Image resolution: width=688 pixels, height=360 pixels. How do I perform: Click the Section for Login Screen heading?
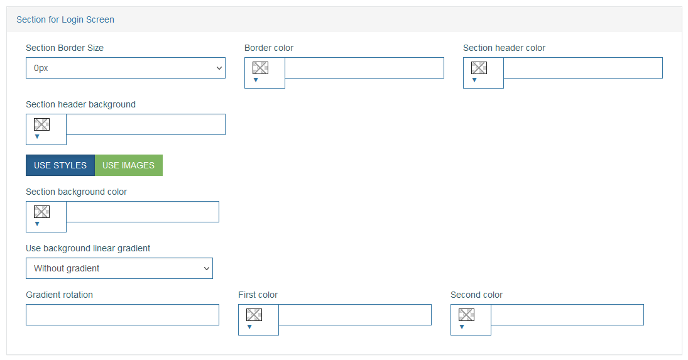pos(65,19)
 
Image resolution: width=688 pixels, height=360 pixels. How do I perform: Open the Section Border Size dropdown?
pos(126,68)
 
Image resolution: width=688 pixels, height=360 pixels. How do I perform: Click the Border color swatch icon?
pos(260,68)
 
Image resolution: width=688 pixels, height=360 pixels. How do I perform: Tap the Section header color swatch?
pos(479,68)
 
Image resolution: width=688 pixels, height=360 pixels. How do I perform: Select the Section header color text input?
pos(582,68)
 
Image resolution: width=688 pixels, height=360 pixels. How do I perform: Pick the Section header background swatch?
pos(41,124)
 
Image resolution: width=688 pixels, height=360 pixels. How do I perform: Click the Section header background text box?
pos(146,124)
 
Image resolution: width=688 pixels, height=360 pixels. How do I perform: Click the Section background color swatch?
pos(41,212)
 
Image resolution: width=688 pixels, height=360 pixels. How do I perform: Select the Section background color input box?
pos(143,212)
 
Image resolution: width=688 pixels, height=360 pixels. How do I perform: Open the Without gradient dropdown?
pos(119,268)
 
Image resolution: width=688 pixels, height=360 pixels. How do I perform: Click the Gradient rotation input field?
pos(123,315)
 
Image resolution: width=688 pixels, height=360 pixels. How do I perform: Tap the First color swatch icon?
pos(254,315)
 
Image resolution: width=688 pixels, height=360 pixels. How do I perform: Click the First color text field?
pos(355,315)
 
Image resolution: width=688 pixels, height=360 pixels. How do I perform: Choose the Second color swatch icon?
pos(466,315)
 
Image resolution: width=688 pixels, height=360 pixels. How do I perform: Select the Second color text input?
pos(567,315)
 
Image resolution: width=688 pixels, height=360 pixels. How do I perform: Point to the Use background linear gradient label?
pos(88,248)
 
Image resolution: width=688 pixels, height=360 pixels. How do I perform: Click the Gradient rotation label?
pos(59,295)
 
